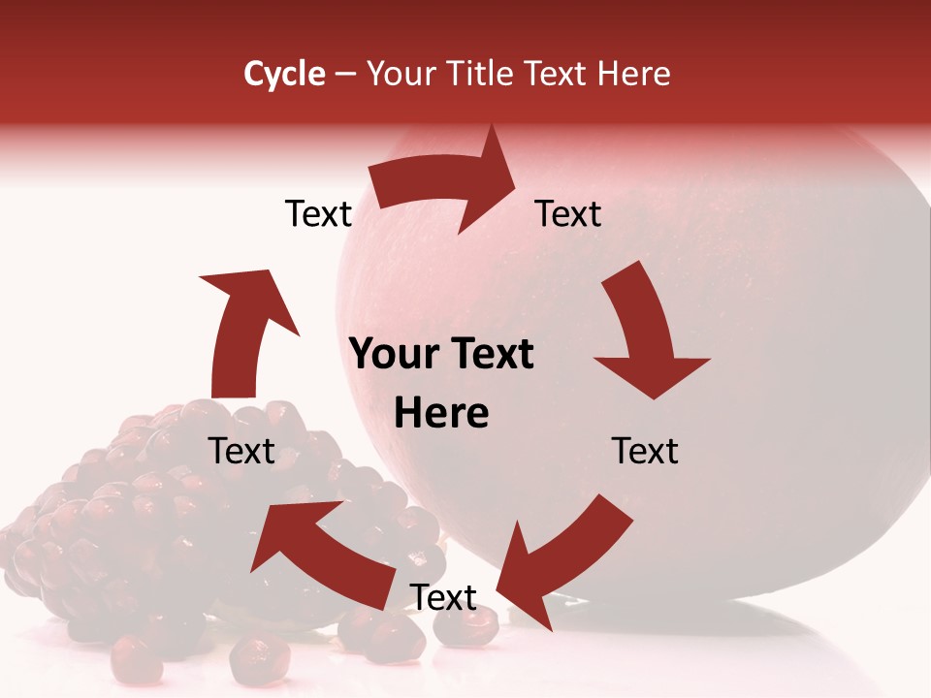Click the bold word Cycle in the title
pyautogui.click(x=284, y=74)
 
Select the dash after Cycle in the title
pyautogui.click(x=345, y=74)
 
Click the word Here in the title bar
pyautogui.click(x=635, y=74)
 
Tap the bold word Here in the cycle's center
pyautogui.click(x=441, y=414)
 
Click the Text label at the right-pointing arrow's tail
pyautogui.click(x=318, y=213)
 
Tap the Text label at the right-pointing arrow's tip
pyautogui.click(x=568, y=213)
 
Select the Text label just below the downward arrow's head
pyautogui.click(x=645, y=451)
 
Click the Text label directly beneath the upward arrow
pyautogui.click(x=241, y=451)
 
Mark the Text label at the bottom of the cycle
pyautogui.click(x=443, y=598)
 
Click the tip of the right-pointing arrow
pyautogui.click(x=516, y=189)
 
